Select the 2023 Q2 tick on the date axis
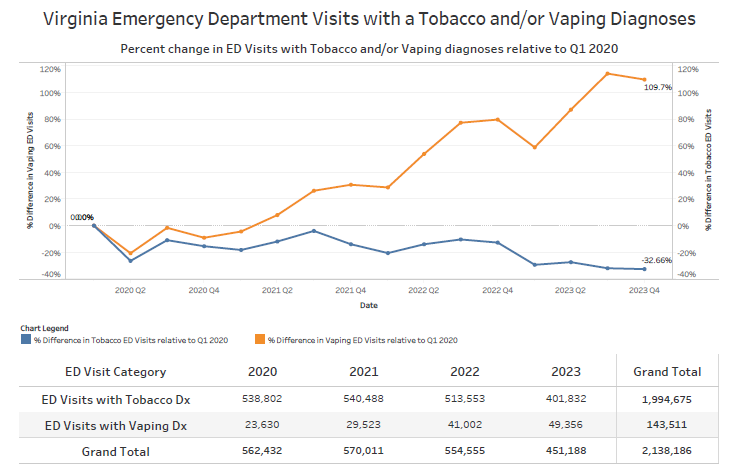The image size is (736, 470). tap(570, 290)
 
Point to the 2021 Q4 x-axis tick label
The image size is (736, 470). tap(350, 290)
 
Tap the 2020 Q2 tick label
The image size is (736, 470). tap(130, 290)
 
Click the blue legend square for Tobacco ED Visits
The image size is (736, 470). tap(26, 340)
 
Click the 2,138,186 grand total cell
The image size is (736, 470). tap(667, 451)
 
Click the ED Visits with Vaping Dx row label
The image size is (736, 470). tap(118, 425)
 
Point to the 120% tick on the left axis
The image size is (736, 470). tap(50, 69)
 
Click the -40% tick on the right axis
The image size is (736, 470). tap(686, 274)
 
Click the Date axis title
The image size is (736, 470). tap(369, 304)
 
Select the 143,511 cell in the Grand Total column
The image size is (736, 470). tap(667, 425)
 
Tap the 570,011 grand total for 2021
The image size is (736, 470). tap(363, 451)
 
